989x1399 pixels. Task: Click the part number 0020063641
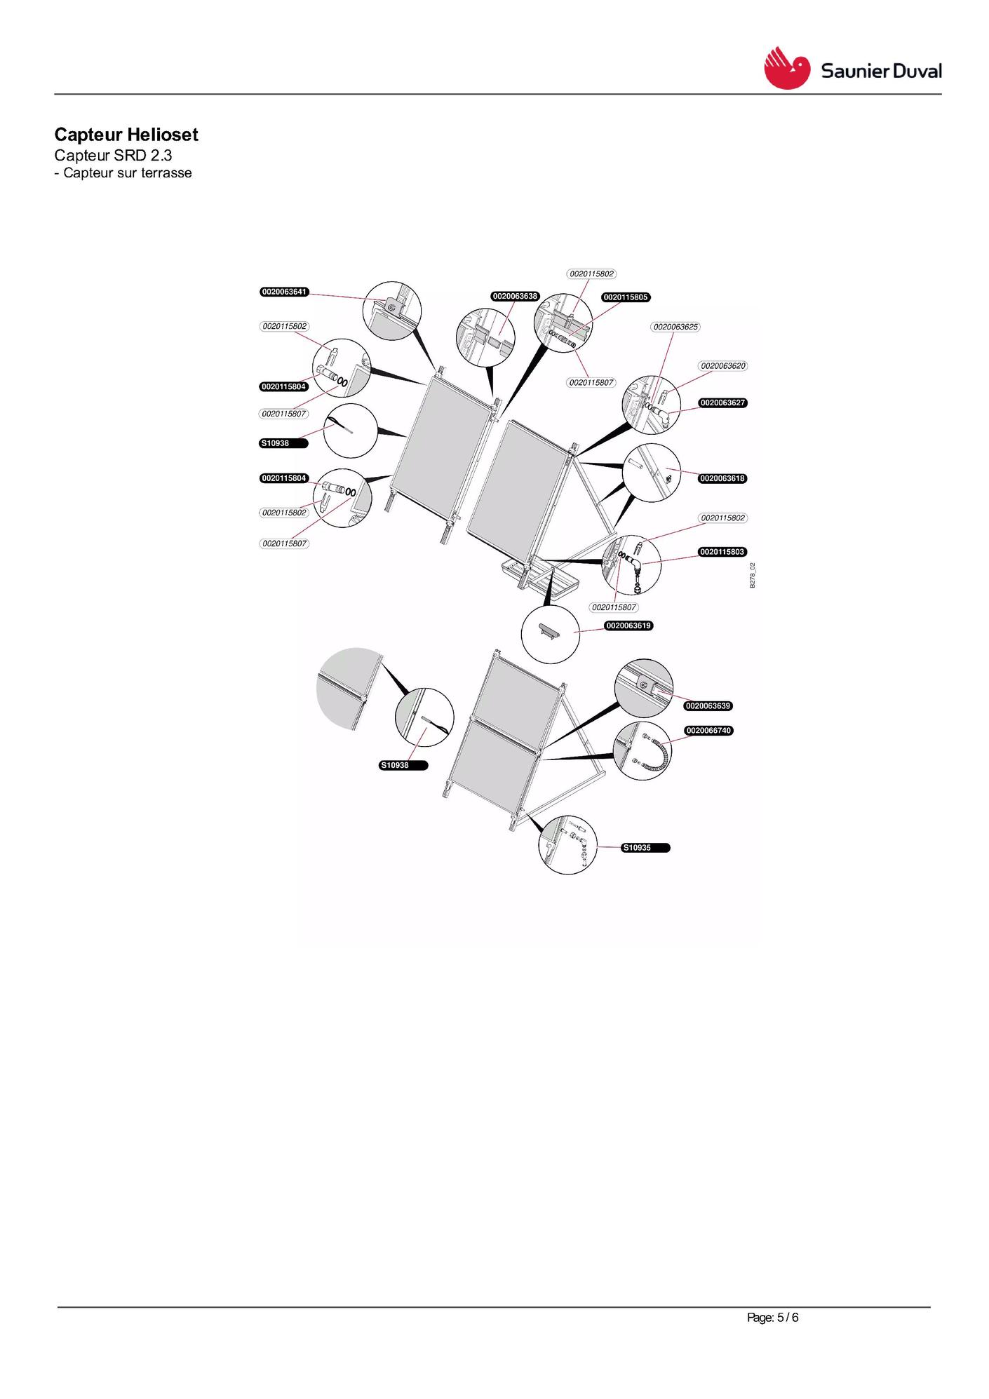tap(284, 292)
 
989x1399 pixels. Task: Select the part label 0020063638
tap(515, 297)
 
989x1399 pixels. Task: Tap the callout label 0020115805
tap(626, 297)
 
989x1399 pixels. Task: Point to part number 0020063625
tap(675, 327)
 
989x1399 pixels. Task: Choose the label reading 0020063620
tap(723, 366)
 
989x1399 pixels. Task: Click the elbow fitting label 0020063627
tap(722, 403)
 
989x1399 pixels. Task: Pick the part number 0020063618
tap(722, 479)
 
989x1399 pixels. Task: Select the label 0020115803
tap(722, 552)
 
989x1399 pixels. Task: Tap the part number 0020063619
tap(629, 626)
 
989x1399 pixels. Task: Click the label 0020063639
tap(708, 706)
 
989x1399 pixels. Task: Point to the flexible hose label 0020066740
tap(708, 731)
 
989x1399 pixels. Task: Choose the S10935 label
tap(646, 848)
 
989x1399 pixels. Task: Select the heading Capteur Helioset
tap(126, 135)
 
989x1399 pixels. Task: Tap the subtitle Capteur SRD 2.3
tap(113, 156)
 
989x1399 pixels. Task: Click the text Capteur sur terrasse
tap(128, 173)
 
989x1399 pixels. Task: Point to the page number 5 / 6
tap(788, 1318)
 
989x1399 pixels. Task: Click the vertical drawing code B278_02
tap(753, 575)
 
